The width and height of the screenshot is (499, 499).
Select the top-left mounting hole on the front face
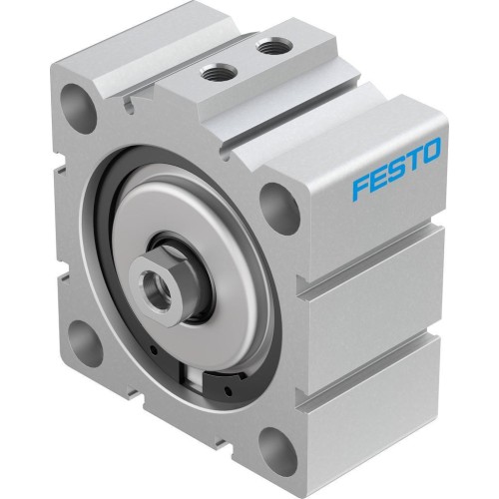tap(75, 103)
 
